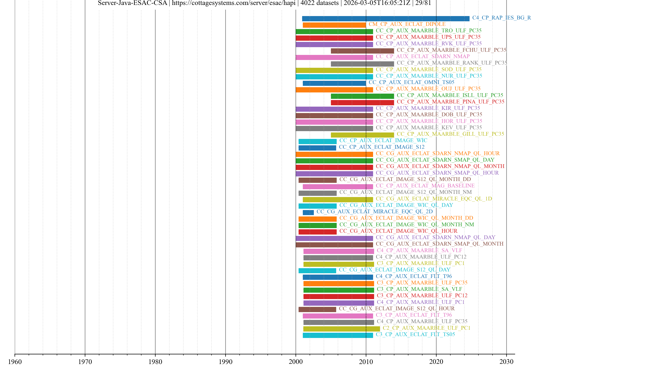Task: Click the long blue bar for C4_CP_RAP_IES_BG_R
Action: pos(386,18)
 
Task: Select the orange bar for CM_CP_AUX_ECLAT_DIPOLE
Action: pos(334,25)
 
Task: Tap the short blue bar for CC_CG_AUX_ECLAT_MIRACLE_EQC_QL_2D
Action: pos(308,212)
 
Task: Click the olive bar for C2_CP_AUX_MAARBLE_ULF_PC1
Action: pos(341,329)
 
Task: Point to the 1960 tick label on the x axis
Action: pos(15,361)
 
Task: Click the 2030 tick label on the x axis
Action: pos(506,361)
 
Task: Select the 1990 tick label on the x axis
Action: pos(225,361)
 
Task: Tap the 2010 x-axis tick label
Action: pos(366,361)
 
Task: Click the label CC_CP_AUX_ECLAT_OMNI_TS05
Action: pos(411,82)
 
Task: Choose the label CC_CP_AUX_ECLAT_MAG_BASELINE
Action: pos(425,186)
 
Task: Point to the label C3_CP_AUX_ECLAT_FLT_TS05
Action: pos(415,334)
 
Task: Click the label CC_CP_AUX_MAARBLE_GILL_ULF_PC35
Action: pos(450,134)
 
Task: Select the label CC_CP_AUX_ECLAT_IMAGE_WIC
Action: pos(383,140)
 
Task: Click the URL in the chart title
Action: pos(234,3)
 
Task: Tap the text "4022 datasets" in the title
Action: pos(319,3)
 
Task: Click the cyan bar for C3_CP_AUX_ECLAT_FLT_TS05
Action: pos(338,335)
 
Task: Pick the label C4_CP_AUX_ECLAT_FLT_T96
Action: pos(414,276)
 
